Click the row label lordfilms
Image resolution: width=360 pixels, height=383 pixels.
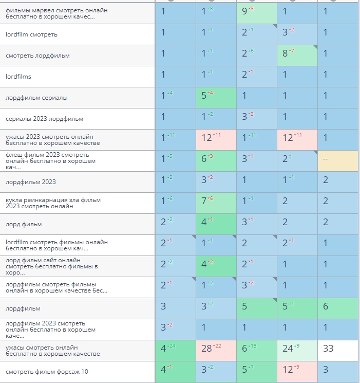tap(18, 77)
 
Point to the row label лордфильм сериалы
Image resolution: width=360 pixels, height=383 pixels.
tap(36, 98)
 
